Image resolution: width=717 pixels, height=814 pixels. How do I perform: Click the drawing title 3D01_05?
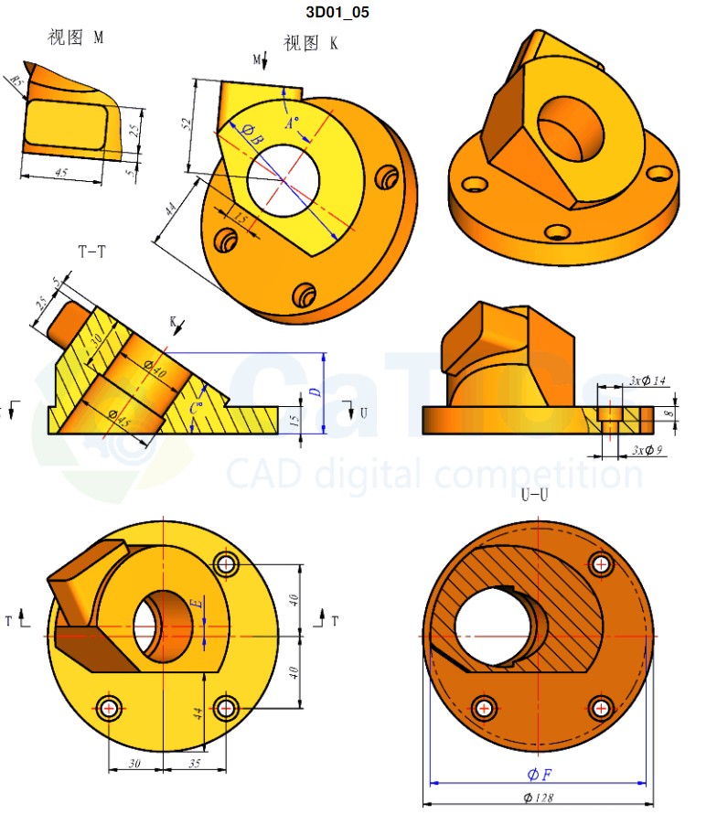click(337, 13)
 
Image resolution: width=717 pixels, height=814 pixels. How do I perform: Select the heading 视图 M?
click(75, 37)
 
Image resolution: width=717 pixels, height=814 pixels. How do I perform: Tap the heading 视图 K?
click(310, 43)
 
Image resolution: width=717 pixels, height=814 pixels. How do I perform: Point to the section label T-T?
click(91, 252)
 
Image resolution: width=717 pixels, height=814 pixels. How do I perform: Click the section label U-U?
click(535, 495)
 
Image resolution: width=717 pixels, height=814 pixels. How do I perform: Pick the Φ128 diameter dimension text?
click(540, 798)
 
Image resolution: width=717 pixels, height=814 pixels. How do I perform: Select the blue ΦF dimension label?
click(539, 775)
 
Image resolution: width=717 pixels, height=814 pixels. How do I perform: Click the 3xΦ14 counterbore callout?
click(647, 380)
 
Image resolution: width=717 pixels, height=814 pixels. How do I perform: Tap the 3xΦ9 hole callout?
click(649, 450)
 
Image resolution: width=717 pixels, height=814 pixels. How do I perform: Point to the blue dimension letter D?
click(314, 391)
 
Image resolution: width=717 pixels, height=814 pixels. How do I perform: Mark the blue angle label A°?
click(292, 123)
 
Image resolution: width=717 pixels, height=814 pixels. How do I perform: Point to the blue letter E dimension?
click(195, 604)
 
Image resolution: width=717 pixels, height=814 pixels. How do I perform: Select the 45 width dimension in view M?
click(61, 172)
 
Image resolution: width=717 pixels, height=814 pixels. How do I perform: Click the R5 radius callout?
click(16, 81)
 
